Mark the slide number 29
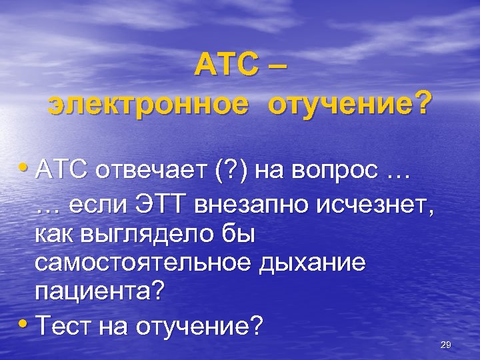(x=446, y=344)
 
